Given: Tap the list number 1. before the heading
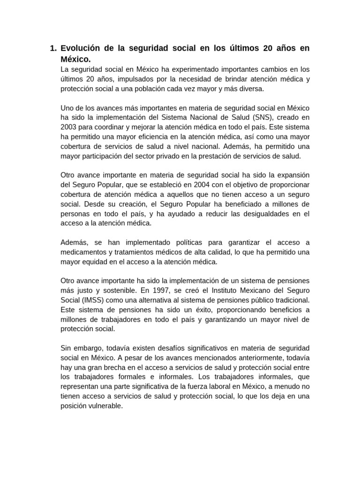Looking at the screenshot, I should tap(53, 48).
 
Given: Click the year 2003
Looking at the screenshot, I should tap(70, 127).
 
